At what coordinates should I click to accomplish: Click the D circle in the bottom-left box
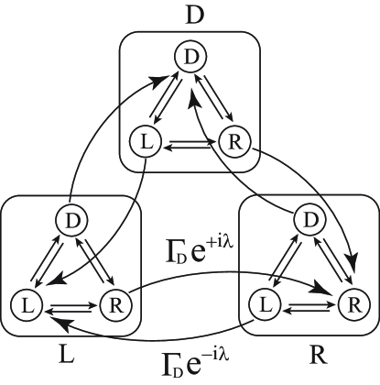coord(71,220)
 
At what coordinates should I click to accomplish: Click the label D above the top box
coord(190,15)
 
